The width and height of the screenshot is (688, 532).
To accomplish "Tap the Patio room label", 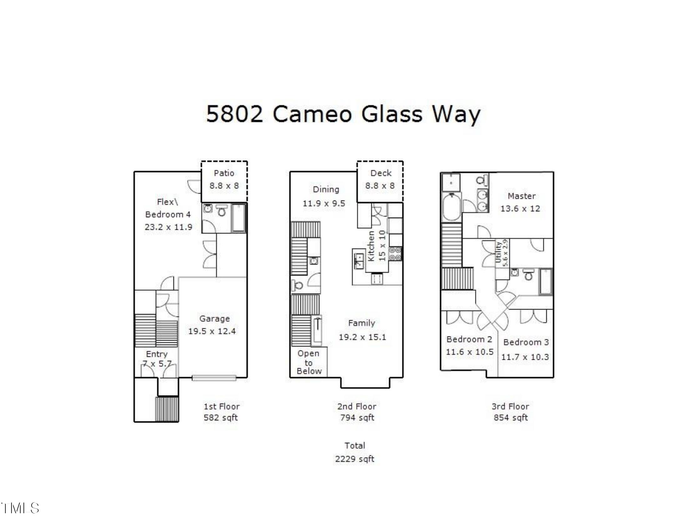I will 224,173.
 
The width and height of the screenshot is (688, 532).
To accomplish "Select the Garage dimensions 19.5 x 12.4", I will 212,331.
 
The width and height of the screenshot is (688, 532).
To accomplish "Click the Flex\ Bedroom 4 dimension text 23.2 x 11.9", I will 168,227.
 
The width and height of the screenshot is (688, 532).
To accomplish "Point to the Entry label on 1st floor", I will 157,354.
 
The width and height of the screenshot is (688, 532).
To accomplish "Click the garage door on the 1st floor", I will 214,378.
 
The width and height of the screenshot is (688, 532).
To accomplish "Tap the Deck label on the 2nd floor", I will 381,173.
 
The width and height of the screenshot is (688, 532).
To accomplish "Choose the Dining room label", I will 326,189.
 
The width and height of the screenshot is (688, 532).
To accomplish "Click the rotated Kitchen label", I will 372,246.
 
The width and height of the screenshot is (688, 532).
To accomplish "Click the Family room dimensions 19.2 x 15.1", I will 362,337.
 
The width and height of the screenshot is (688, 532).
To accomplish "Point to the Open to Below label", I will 309,362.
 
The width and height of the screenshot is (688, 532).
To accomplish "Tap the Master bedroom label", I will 521,196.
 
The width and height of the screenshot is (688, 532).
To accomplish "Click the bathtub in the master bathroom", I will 451,207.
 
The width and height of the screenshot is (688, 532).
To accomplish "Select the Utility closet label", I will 498,252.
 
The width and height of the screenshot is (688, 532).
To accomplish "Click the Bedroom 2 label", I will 469,340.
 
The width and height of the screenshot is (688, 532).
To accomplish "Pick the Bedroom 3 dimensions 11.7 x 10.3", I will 525,357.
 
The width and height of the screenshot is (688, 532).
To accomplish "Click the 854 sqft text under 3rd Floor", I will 510,417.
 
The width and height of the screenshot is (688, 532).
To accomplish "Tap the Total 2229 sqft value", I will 355,459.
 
